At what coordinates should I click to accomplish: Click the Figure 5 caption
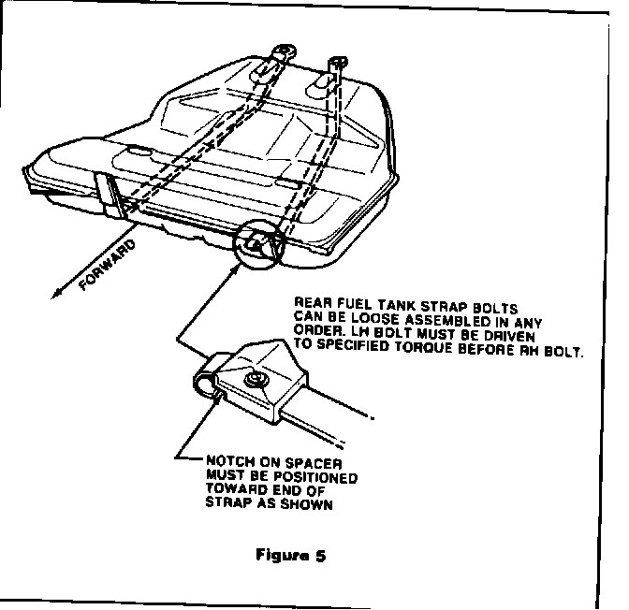[x=290, y=555]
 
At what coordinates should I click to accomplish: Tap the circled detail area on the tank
[x=259, y=244]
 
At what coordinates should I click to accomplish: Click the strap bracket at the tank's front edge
[x=111, y=193]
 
